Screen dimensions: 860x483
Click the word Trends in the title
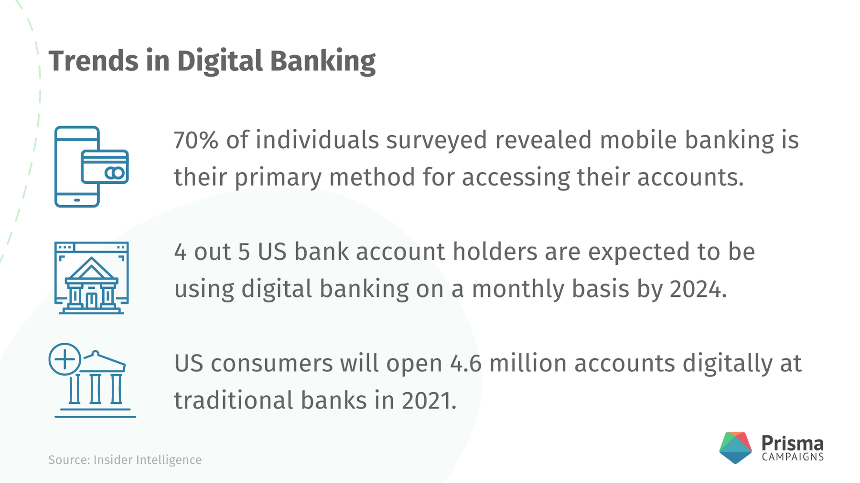pos(93,61)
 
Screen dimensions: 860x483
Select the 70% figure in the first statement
pos(196,140)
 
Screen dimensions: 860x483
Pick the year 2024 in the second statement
pos(698,289)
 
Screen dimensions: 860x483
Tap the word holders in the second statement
pos(495,252)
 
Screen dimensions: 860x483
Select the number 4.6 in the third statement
pos(466,364)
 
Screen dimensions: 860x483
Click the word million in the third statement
pos(528,363)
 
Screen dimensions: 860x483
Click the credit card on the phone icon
pos(105,167)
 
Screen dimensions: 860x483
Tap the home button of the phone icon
pos(77,200)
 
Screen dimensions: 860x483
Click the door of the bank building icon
pos(91,300)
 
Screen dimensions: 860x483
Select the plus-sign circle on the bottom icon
pos(65,359)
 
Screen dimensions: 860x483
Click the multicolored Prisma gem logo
pos(735,448)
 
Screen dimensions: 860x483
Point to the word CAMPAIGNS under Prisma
pos(793,457)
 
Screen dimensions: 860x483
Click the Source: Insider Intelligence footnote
pos(125,460)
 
